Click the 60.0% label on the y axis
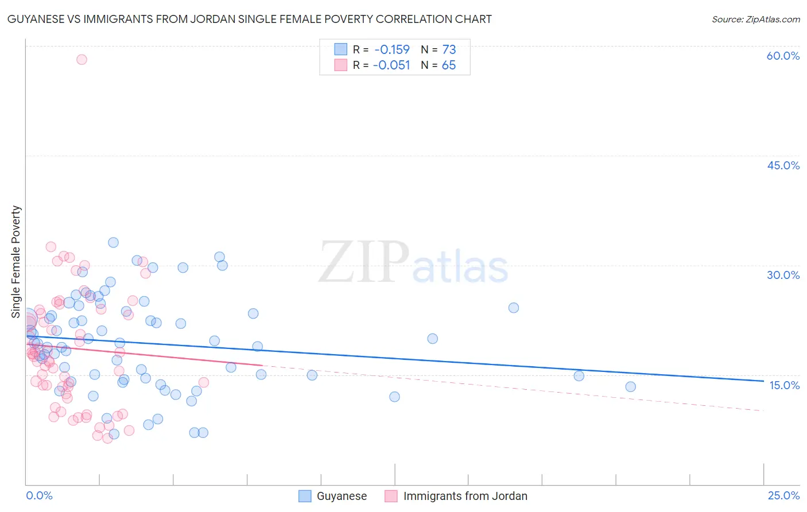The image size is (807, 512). click(783, 56)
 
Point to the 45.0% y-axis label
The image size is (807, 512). click(783, 165)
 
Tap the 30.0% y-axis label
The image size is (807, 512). click(783, 275)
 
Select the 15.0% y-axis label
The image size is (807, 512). click(784, 385)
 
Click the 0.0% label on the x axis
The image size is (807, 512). click(40, 495)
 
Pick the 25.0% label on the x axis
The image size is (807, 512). click(783, 495)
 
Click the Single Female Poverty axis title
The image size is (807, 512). click(16, 262)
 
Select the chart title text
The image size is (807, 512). click(250, 19)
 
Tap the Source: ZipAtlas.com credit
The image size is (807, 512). click(755, 20)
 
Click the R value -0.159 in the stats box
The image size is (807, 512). click(391, 49)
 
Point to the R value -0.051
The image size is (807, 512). click(391, 65)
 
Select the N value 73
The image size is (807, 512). click(449, 49)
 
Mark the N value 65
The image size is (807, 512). click(448, 65)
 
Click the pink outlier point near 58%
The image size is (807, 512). click(82, 59)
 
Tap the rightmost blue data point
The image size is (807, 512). click(630, 387)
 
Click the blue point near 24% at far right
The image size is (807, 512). click(513, 308)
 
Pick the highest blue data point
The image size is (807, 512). click(113, 242)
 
